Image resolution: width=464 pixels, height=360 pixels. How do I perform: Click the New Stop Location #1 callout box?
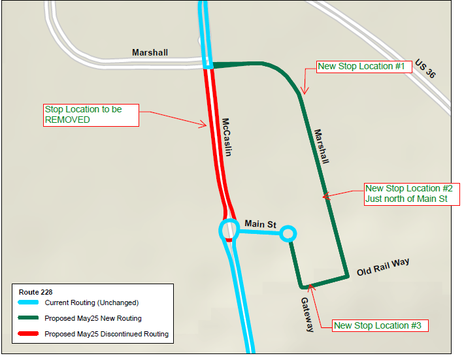tap(363, 66)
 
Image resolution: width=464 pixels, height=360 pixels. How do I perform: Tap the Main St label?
tap(259, 224)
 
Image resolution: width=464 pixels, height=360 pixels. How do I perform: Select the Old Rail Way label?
tap(383, 267)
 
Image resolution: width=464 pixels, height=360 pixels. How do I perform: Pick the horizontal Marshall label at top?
tap(150, 52)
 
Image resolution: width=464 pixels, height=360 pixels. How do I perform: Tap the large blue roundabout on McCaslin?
tap(229, 230)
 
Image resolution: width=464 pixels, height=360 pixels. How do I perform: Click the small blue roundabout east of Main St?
tap(288, 233)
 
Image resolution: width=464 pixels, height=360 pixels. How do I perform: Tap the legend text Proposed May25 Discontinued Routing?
tap(107, 334)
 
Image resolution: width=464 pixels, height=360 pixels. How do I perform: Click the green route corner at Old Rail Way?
tap(347, 276)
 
